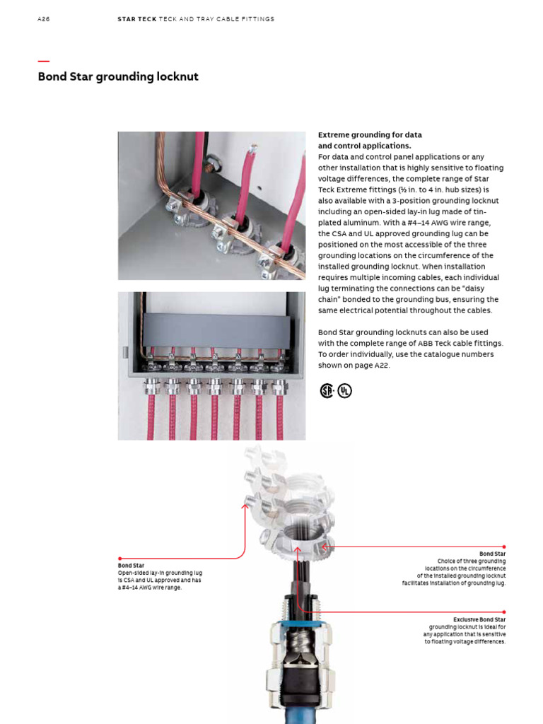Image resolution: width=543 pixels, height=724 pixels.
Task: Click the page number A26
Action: tap(43, 19)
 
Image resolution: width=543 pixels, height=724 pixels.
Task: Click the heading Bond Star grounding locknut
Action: tap(118, 77)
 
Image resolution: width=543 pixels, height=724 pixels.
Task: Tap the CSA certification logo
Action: tap(327, 390)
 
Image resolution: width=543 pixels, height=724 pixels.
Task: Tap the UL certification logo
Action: tap(344, 390)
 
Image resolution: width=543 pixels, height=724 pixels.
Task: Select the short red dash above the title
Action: tap(43, 62)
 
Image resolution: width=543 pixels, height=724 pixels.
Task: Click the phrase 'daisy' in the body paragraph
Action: tap(487, 288)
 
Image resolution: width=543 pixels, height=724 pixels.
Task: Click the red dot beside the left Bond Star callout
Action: tap(119, 559)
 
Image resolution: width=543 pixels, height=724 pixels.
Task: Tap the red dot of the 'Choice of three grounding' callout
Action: tap(504, 547)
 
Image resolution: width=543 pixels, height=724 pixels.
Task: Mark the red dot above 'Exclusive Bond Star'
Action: tap(504, 612)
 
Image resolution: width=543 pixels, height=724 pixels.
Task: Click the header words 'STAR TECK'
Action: tap(137, 19)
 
